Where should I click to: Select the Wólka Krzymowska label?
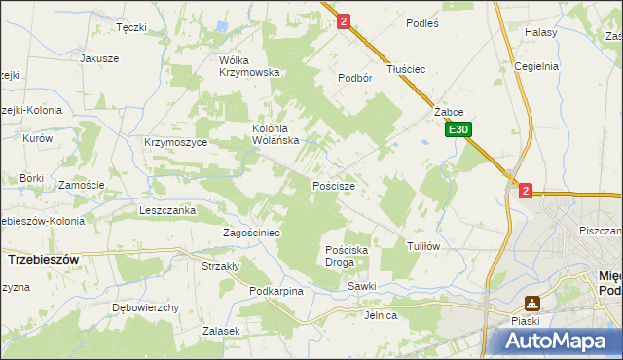249,65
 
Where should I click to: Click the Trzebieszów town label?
42,260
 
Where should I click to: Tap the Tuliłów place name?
423,246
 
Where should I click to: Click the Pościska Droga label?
346,256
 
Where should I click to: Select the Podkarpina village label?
276,291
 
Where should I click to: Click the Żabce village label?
449,112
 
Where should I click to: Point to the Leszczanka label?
167,209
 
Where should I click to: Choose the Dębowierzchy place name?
146,307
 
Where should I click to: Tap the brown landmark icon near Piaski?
531,303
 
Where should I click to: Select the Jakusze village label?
99,58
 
